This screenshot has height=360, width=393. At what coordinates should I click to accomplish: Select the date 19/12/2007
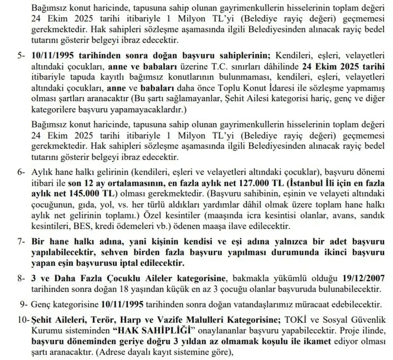coord(363,279)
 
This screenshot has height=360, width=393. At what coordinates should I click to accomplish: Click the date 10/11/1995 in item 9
coord(122,305)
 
